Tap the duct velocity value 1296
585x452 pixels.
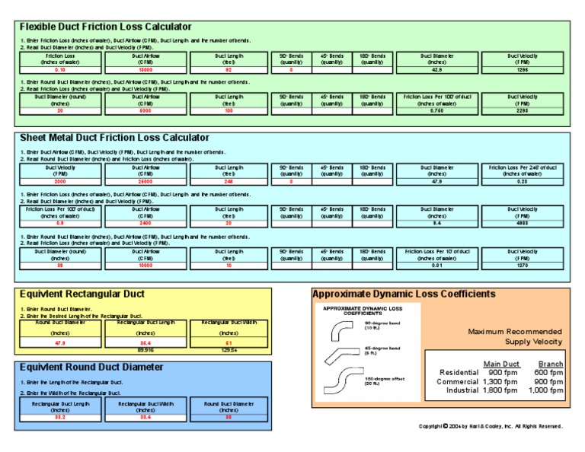[x=522, y=69]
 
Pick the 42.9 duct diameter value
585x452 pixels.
[x=436, y=69]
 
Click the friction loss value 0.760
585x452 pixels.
[x=436, y=110]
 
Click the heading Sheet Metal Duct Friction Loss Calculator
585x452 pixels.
[x=114, y=138]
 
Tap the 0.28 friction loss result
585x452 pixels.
[x=522, y=182]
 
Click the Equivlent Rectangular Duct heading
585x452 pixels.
[x=82, y=294]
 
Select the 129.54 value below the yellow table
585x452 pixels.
[x=229, y=349]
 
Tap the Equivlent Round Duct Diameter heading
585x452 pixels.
[x=91, y=368]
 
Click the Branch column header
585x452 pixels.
[x=550, y=364]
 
